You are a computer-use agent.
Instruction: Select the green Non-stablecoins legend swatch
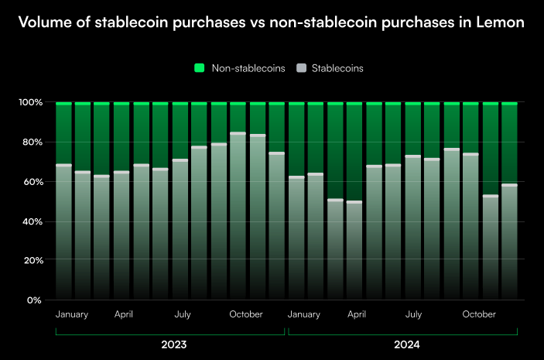pyautogui.click(x=199, y=68)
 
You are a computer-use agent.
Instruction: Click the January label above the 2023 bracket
pyautogui.click(x=72, y=315)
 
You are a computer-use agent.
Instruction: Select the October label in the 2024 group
pyautogui.click(x=479, y=315)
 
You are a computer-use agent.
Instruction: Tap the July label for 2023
pyautogui.click(x=183, y=315)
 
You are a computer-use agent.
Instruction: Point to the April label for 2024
pyautogui.click(x=356, y=315)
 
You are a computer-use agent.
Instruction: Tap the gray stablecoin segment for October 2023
pyautogui.click(x=238, y=217)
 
